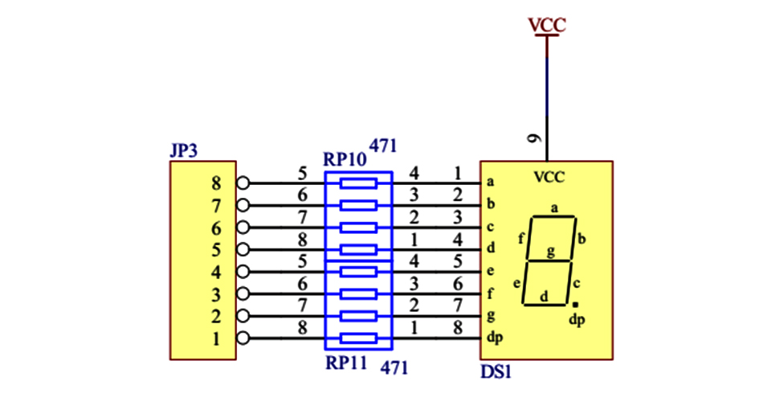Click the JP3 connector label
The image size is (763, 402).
[x=184, y=150]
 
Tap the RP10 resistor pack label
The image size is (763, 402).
[x=344, y=158]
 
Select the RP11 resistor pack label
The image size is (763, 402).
[x=346, y=363]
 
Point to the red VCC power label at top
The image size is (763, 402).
[x=547, y=25]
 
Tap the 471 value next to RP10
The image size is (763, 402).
[x=382, y=146]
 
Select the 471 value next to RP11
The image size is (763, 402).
[x=394, y=368]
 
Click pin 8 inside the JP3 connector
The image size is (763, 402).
[x=215, y=183]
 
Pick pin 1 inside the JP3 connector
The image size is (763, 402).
[x=215, y=338]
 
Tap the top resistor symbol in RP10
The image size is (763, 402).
[x=358, y=183]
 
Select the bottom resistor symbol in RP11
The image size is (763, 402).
[x=358, y=338]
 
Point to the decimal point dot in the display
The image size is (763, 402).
[x=575, y=306]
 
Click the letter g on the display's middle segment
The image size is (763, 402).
[x=550, y=252]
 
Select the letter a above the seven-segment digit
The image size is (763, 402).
[x=554, y=208]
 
